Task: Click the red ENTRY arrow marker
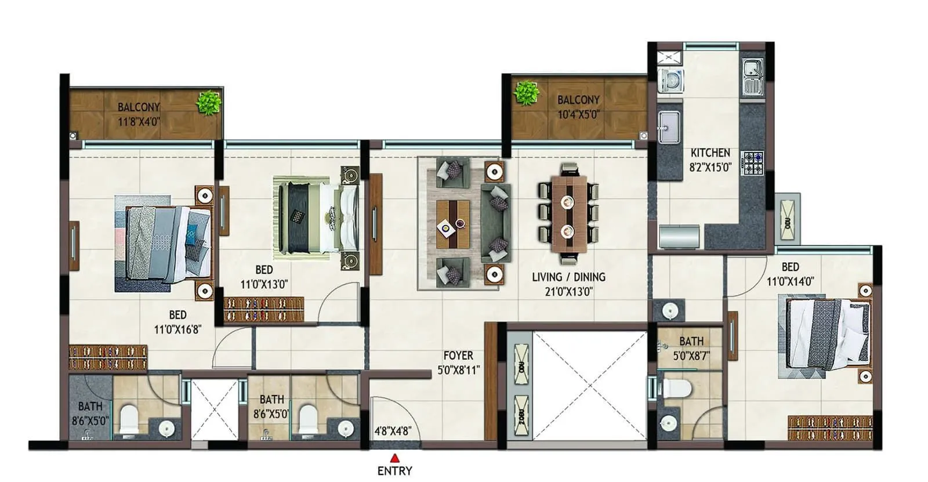click(394, 458)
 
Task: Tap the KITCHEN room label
click(710, 153)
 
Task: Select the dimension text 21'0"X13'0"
click(568, 291)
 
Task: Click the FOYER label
click(458, 356)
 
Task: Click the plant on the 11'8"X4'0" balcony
click(208, 103)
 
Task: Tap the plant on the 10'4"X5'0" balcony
click(526, 93)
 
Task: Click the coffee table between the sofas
click(452, 224)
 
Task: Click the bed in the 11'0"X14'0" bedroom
click(826, 335)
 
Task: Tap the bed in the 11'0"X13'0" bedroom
click(316, 217)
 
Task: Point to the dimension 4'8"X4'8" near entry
click(393, 431)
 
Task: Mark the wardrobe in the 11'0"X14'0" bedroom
click(829, 428)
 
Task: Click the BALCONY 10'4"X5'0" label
click(578, 107)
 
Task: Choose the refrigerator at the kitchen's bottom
click(679, 237)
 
